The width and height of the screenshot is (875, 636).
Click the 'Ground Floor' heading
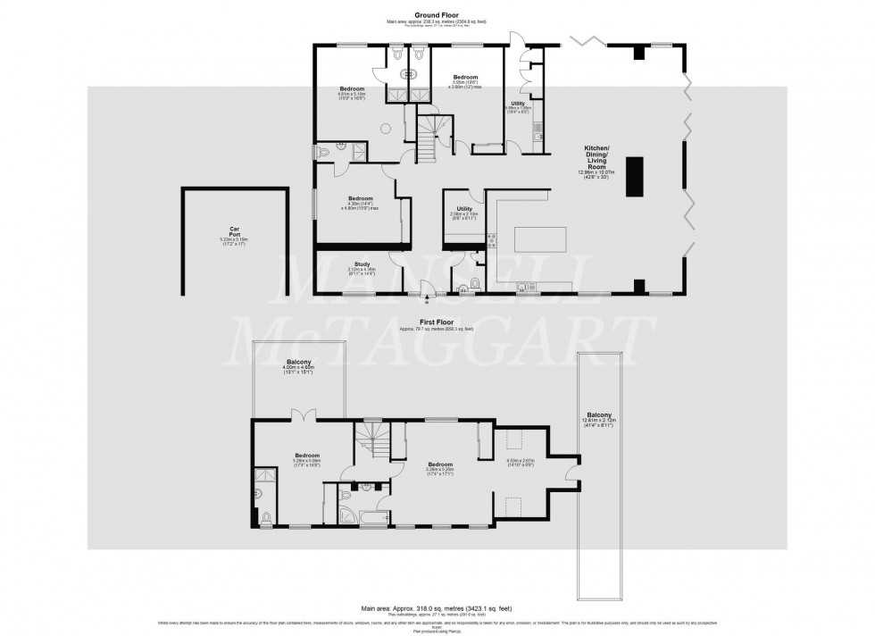pyautogui.click(x=437, y=15)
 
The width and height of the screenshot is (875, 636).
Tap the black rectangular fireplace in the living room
pyautogui.click(x=636, y=175)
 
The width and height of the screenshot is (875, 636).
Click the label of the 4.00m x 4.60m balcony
pyautogui.click(x=300, y=368)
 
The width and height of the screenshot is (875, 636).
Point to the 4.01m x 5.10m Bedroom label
pyautogui.click(x=352, y=93)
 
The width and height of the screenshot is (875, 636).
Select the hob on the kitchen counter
pyautogui.click(x=491, y=240)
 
